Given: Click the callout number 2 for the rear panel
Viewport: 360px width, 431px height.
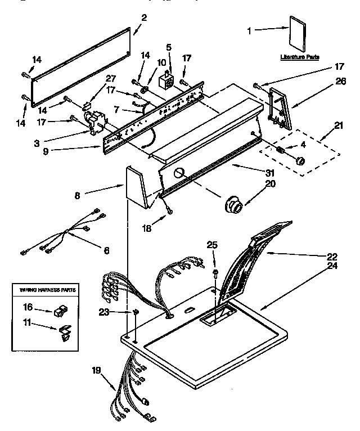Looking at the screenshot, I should [144, 17].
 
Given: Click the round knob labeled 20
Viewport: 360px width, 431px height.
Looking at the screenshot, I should [233, 206].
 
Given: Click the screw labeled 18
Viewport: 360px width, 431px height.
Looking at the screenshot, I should [169, 211].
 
